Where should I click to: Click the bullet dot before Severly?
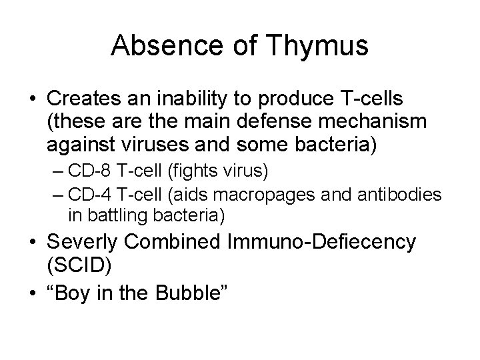pyautogui.click(x=31, y=242)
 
